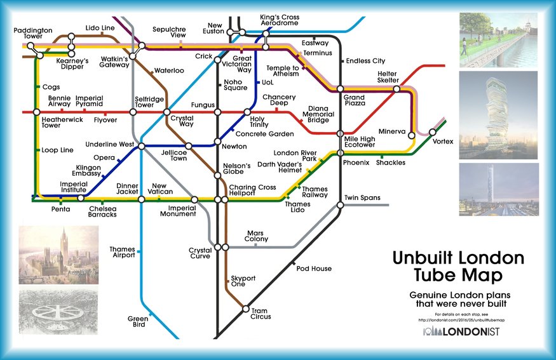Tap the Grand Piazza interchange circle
[x=340, y=89]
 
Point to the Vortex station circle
[x=433, y=132]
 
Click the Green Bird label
[x=137, y=321]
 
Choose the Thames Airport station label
[x=122, y=252]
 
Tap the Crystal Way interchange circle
[x=166, y=112]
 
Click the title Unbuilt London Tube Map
[x=458, y=267]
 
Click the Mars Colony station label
[x=257, y=236]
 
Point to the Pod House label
[x=314, y=269]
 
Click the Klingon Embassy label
[x=84, y=170]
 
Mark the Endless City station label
[x=365, y=61]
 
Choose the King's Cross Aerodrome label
[x=280, y=20]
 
